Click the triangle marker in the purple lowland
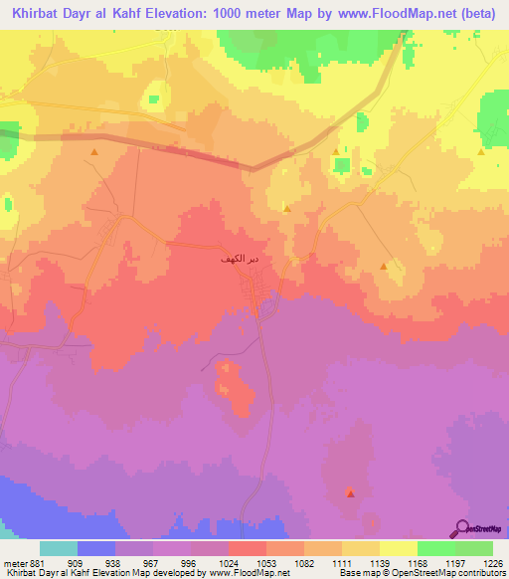click(x=350, y=491)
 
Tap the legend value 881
click(x=36, y=562)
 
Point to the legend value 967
click(x=152, y=562)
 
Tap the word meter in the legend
click(x=13, y=562)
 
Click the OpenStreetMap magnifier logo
click(x=464, y=527)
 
